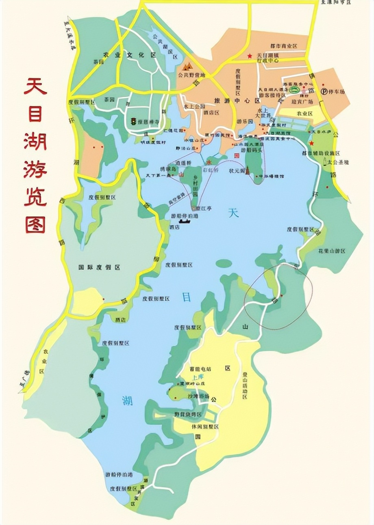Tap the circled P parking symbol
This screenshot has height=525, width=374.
click(324, 91)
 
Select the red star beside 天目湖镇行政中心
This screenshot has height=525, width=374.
click(250, 56)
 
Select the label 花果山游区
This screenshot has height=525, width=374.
click(331, 252)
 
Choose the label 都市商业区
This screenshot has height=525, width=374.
click(284, 47)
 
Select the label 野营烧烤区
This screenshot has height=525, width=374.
click(187, 414)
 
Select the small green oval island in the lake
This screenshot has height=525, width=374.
click(224, 263)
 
